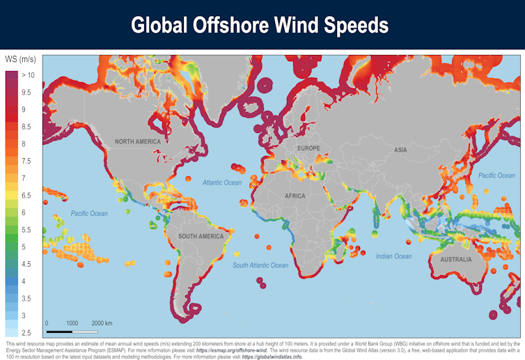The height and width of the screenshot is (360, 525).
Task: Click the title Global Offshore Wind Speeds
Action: (260, 26)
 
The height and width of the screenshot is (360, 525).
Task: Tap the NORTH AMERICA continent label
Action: (138, 142)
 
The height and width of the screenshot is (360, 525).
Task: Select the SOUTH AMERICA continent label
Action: (201, 237)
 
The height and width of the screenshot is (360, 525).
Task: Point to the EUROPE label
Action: (308, 149)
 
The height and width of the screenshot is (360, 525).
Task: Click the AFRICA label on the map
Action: (295, 196)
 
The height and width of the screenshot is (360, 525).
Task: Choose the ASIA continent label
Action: (400, 150)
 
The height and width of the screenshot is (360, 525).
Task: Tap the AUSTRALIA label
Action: (452, 260)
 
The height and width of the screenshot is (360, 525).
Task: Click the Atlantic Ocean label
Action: (222, 182)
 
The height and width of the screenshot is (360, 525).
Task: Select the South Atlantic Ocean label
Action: (260, 265)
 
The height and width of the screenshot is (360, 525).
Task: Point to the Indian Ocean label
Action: (394, 256)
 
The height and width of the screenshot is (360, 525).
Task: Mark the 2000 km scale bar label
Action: (102, 324)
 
